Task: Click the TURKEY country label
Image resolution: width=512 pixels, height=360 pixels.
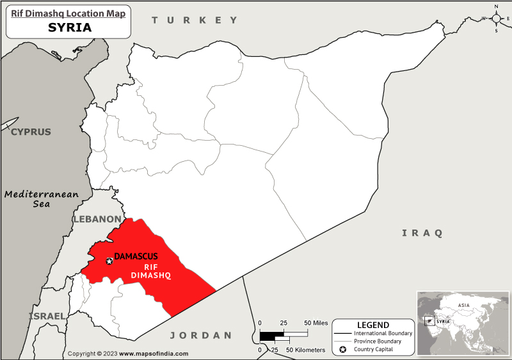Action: (x=195, y=20)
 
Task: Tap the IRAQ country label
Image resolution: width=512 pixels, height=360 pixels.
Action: (x=422, y=233)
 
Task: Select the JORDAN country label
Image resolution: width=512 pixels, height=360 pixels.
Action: (x=200, y=335)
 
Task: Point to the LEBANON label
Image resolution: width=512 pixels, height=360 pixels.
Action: (x=97, y=219)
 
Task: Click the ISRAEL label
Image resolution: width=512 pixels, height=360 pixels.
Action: (x=47, y=316)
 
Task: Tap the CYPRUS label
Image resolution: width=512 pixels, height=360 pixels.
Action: (x=30, y=132)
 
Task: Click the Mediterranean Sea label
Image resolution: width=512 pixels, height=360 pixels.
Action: (x=42, y=199)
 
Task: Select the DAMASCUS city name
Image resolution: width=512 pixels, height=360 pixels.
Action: (x=136, y=257)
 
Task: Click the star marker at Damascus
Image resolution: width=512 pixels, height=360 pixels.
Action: (x=109, y=261)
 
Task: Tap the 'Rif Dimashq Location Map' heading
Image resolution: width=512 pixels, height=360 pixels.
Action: (x=69, y=12)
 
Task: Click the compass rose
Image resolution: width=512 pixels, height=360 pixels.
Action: (x=496, y=19)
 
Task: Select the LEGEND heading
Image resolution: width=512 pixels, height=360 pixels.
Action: (x=372, y=325)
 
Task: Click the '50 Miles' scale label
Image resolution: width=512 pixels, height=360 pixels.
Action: (x=316, y=323)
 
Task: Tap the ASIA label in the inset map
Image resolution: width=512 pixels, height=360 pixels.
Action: (x=464, y=305)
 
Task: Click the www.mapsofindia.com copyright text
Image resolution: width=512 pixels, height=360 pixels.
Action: (x=154, y=354)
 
